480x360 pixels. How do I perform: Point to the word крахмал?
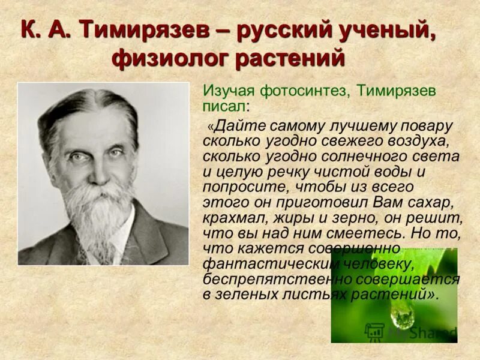click(x=231, y=217)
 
